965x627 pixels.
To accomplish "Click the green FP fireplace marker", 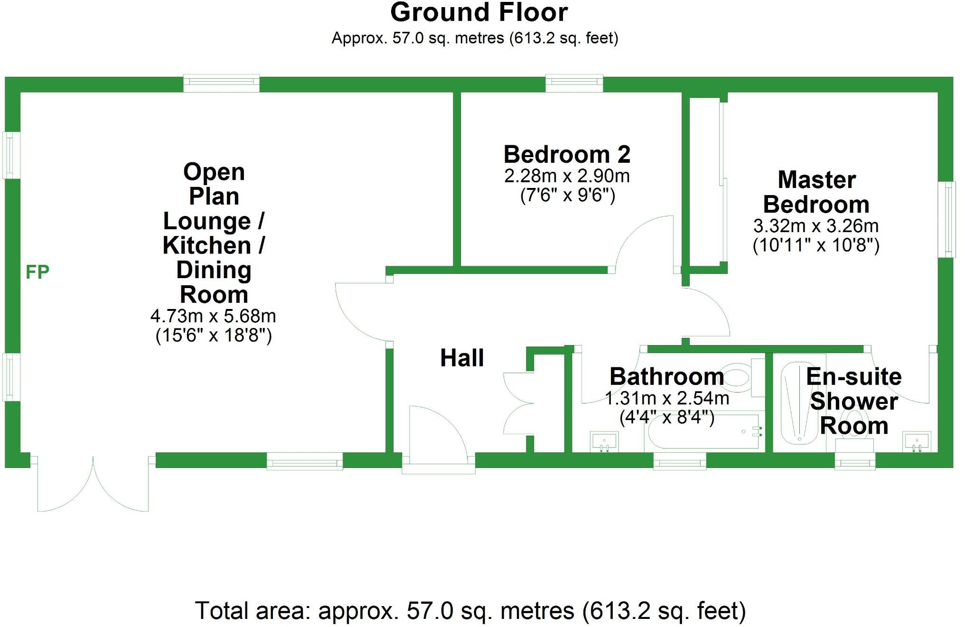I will click(37, 272).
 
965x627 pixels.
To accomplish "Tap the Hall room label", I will click(462, 358).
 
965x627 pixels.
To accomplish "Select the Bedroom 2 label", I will click(567, 155).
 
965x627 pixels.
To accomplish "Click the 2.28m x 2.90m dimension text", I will click(567, 176).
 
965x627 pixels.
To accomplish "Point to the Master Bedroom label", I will click(816, 192).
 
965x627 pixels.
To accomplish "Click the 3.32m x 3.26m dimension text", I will click(816, 226).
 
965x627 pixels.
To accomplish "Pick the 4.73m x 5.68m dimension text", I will click(213, 316).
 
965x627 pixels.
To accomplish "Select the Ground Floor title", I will click(479, 13).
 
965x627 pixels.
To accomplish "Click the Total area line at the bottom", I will click(470, 611).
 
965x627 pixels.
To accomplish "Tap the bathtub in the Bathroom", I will click(703, 431).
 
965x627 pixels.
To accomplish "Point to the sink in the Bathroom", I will click(604, 441).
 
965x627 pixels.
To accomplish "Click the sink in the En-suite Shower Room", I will click(917, 441).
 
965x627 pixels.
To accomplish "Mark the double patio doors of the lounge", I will click(93, 484).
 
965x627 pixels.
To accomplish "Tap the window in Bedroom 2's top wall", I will click(574, 84).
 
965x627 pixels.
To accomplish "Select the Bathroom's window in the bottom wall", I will click(679, 461).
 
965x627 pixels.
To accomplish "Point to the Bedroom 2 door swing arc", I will click(643, 242).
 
